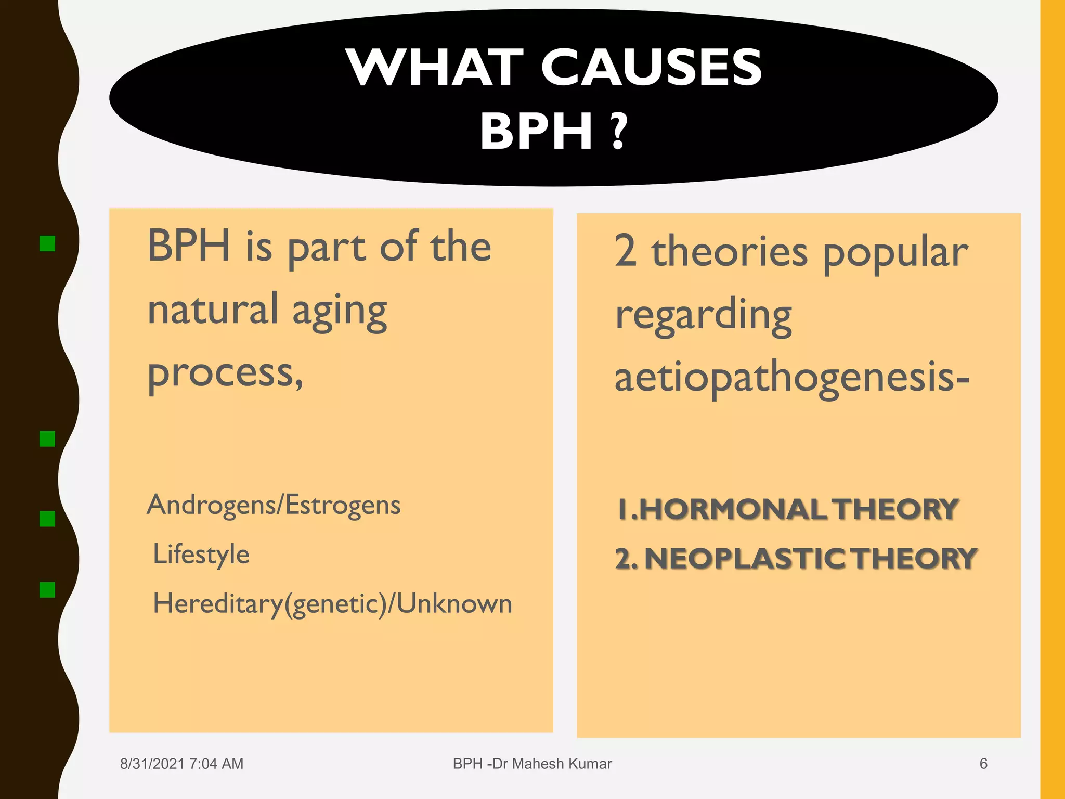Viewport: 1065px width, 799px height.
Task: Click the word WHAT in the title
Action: [436, 68]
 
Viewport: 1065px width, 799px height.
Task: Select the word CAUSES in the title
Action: [652, 68]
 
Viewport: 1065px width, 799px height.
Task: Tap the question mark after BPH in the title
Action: [618, 132]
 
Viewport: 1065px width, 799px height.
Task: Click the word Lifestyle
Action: [201, 554]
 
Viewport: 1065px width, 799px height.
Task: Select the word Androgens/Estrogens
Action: [274, 505]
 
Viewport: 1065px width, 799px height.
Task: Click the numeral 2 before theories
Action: [626, 251]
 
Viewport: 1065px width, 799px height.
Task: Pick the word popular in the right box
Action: [895, 254]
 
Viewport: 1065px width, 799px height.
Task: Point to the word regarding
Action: [703, 316]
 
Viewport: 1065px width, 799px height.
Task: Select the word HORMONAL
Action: [733, 509]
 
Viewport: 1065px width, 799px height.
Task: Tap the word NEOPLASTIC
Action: [745, 559]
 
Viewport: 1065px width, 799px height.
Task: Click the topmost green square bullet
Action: [47, 243]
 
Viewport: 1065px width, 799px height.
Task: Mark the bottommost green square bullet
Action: [47, 589]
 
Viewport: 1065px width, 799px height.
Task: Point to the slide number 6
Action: [983, 764]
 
